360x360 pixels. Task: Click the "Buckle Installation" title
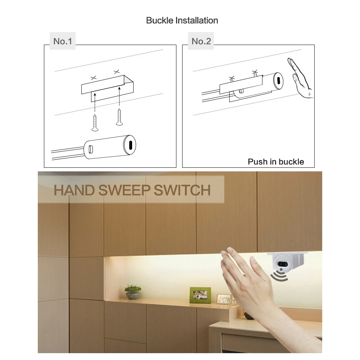[182, 21]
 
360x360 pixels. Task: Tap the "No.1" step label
[63, 41]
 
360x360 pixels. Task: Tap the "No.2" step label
[201, 41]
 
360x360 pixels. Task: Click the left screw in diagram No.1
[96, 122]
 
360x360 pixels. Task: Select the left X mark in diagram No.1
[94, 77]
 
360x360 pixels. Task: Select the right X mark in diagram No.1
[116, 72]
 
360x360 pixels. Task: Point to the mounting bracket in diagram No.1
[107, 88]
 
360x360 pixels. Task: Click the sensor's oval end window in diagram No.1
[130, 145]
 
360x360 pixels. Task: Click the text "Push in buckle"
[276, 162]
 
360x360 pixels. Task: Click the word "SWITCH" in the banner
[182, 190]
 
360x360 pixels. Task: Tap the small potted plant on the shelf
[133, 292]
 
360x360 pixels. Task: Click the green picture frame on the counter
[200, 295]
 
